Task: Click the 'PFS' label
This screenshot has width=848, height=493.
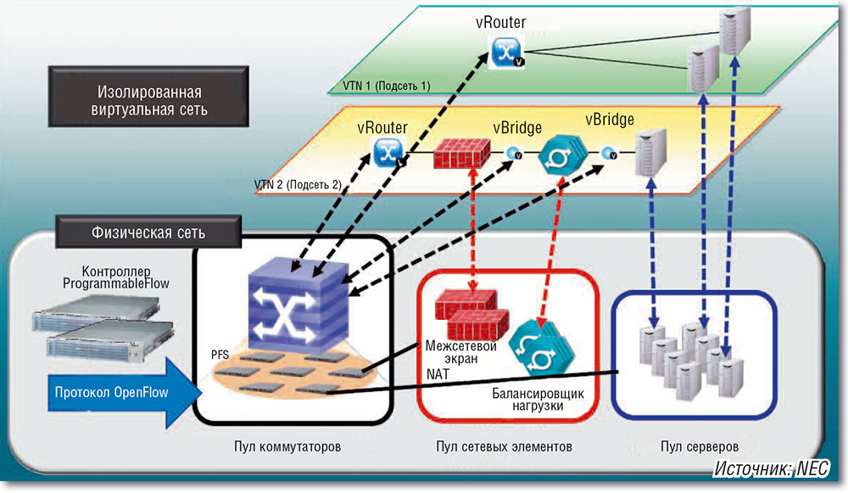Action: pyautogui.click(x=222, y=350)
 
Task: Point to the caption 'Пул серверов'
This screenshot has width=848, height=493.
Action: pyautogui.click(x=694, y=446)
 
